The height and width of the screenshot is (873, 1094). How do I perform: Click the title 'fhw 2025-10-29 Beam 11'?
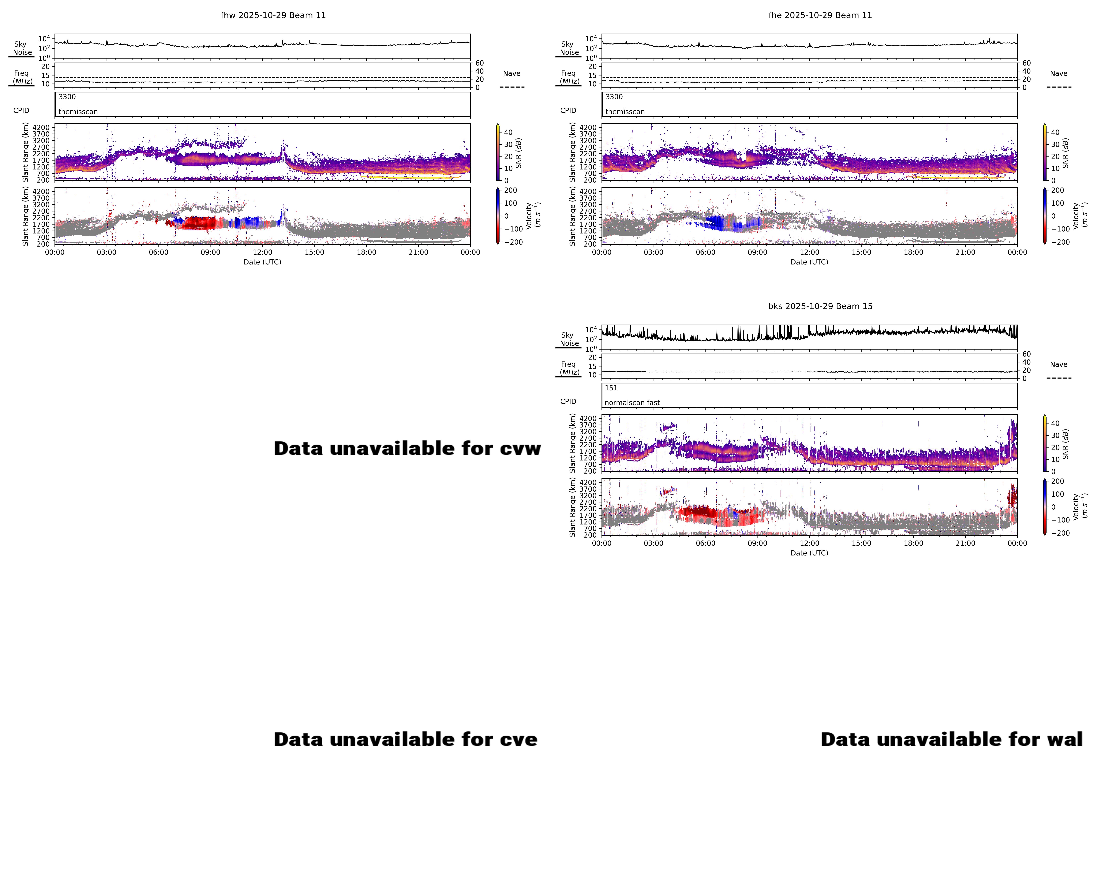(273, 15)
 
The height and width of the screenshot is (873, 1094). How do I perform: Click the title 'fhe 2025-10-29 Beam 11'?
(820, 15)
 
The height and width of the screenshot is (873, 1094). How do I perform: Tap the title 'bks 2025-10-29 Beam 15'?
(820, 306)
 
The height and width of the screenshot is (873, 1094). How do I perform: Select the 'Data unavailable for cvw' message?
(407, 448)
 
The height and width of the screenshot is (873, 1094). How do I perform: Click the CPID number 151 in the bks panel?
(611, 388)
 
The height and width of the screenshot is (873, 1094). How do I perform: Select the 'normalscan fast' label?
(632, 402)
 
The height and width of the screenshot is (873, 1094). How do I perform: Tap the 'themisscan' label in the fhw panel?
(78, 112)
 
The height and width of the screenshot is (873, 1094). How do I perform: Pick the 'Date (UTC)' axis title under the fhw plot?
(262, 262)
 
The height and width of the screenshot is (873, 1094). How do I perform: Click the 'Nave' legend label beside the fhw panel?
(512, 74)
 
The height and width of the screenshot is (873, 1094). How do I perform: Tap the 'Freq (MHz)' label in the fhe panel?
(569, 77)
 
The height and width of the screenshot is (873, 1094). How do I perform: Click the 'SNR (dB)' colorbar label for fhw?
(519, 153)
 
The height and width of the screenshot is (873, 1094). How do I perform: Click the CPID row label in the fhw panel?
(21, 111)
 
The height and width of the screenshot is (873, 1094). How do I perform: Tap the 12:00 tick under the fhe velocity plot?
(809, 252)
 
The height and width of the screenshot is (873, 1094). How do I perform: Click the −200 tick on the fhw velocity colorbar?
(513, 242)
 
